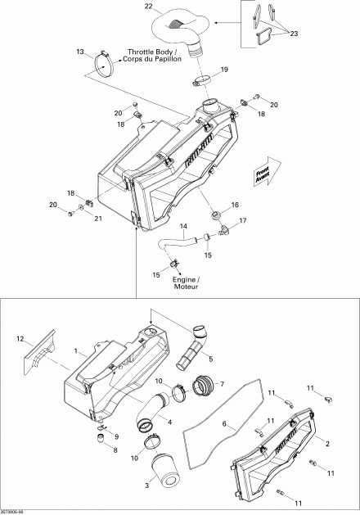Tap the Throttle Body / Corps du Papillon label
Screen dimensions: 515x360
pyautogui.click(x=152, y=60)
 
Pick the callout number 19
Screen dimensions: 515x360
pyautogui.click(x=223, y=69)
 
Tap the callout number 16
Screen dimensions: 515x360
pyautogui.click(x=235, y=205)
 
